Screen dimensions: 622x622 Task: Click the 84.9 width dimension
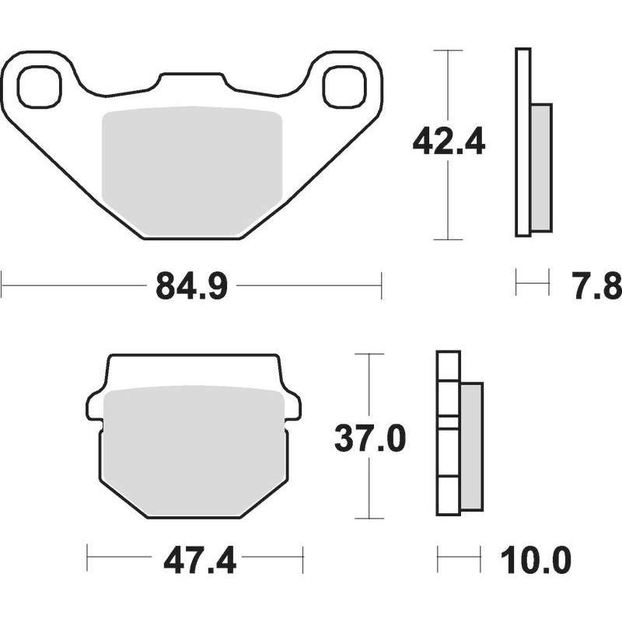(x=191, y=286)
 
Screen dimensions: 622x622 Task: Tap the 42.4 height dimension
(x=449, y=142)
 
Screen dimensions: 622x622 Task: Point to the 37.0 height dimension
(x=370, y=439)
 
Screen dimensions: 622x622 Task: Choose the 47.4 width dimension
(x=200, y=560)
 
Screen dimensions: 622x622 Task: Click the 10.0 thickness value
(x=536, y=560)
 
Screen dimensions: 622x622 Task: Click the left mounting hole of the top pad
(x=40, y=87)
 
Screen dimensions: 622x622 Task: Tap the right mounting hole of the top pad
(x=344, y=87)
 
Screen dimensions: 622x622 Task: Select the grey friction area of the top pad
(x=192, y=171)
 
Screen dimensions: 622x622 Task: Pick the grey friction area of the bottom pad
(x=194, y=452)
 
